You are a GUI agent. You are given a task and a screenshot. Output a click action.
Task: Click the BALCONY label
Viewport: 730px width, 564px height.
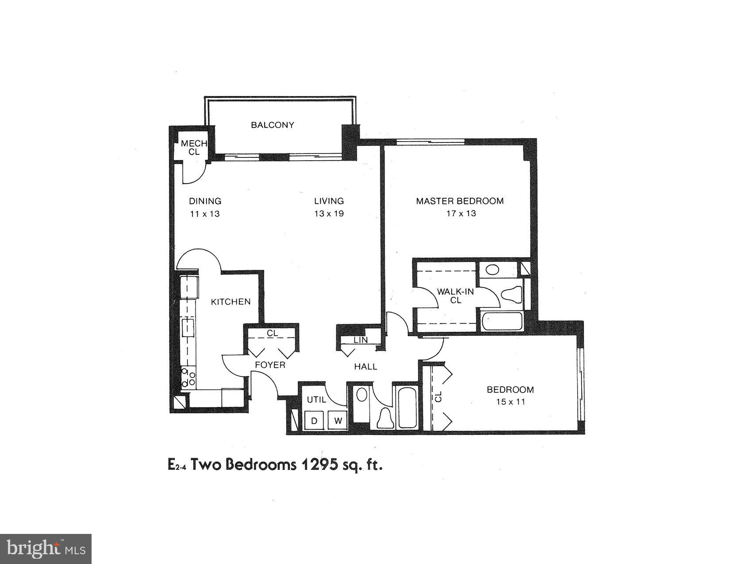(272, 125)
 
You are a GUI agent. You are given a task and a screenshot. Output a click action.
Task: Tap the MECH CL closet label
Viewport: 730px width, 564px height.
(194, 148)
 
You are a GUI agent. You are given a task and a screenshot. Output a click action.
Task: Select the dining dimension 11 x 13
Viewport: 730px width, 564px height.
(205, 214)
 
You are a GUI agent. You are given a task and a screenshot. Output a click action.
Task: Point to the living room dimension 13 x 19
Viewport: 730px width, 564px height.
(329, 214)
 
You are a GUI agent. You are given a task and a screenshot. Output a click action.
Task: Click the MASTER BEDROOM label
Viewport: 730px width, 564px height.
(460, 201)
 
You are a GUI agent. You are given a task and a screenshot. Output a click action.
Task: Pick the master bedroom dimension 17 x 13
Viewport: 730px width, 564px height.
(461, 214)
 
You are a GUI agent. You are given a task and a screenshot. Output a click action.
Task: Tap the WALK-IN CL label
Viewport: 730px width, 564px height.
(455, 296)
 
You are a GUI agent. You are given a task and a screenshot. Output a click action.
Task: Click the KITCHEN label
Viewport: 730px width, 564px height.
(231, 302)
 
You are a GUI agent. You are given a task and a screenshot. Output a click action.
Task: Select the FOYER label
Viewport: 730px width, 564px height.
(270, 365)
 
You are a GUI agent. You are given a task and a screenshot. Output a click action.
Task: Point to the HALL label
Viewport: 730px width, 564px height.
(365, 367)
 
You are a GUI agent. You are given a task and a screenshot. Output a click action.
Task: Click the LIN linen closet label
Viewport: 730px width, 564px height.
(361, 340)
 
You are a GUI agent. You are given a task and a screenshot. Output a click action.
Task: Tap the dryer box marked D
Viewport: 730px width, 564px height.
(314, 421)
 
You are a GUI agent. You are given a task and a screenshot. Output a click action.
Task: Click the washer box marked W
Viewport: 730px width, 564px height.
(338, 421)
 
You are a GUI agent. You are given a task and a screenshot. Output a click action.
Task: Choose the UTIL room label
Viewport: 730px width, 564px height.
(316, 400)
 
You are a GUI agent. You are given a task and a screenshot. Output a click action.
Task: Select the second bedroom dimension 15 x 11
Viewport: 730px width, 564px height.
(510, 402)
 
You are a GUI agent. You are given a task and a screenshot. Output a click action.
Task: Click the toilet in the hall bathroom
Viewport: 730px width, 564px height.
(385, 418)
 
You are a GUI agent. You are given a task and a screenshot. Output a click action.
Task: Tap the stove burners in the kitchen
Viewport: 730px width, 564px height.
(189, 377)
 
